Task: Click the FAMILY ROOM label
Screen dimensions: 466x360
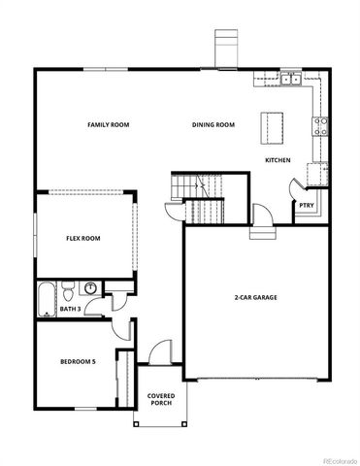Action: click(x=108, y=125)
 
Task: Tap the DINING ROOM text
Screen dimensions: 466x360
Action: click(x=213, y=125)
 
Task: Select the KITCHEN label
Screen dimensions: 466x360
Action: click(x=279, y=159)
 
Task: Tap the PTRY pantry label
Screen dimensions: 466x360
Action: click(x=306, y=205)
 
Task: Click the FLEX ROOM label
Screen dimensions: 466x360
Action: click(x=82, y=238)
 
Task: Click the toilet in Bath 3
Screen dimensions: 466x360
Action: click(x=68, y=290)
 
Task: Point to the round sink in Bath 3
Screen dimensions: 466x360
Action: click(x=90, y=288)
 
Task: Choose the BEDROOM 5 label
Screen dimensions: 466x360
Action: click(x=79, y=361)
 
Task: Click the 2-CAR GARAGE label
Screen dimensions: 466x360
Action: click(x=254, y=297)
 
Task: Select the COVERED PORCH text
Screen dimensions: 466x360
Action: click(x=160, y=400)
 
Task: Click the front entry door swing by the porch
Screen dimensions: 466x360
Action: click(x=162, y=351)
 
